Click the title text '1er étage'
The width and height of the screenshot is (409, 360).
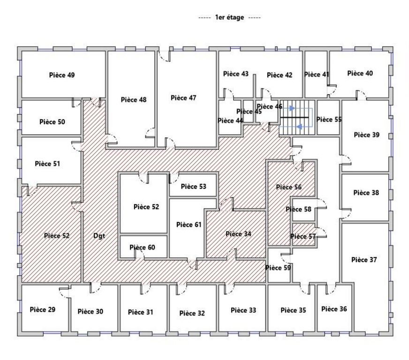[230, 17]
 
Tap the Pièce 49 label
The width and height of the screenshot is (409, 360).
[61, 75]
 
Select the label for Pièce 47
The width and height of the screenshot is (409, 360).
[183, 98]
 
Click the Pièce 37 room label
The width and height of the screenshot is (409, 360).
[364, 260]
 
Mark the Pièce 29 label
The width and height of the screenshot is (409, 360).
[42, 309]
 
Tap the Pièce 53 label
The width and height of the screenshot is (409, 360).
[193, 187]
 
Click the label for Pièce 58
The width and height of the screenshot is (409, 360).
[301, 210]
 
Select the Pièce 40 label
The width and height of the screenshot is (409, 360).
[360, 73]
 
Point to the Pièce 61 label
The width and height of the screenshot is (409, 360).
[189, 225]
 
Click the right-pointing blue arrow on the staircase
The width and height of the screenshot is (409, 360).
[292, 108]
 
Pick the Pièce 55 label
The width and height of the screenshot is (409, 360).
[329, 120]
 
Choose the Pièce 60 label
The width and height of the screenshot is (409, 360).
[142, 247]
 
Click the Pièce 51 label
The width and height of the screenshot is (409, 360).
[47, 164]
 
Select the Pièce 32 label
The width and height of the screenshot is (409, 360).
[192, 313]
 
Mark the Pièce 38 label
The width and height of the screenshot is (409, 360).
[366, 193]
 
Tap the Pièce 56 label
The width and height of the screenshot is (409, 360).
[288, 187]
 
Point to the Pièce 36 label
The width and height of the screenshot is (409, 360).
[334, 309]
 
